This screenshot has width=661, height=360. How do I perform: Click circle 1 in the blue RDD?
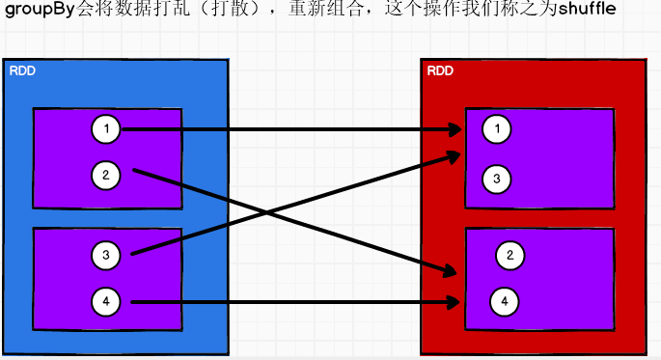coord(105,128)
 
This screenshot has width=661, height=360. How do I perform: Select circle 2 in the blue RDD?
coord(105,175)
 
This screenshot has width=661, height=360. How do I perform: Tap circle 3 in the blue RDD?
coord(105,256)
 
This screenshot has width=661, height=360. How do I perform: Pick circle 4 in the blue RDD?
coord(105,302)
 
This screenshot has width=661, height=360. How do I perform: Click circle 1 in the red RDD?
coord(497,128)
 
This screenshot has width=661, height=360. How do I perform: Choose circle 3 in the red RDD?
coord(497,179)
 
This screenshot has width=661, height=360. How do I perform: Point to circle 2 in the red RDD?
coord(510,255)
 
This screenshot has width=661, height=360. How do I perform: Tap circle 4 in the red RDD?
coord(504,302)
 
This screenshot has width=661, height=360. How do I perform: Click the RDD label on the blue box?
coord(21,70)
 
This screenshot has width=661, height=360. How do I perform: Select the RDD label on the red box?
coord(439,70)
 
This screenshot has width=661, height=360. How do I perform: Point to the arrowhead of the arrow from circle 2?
coord(451,273)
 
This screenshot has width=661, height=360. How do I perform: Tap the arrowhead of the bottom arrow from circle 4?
coord(455,302)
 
